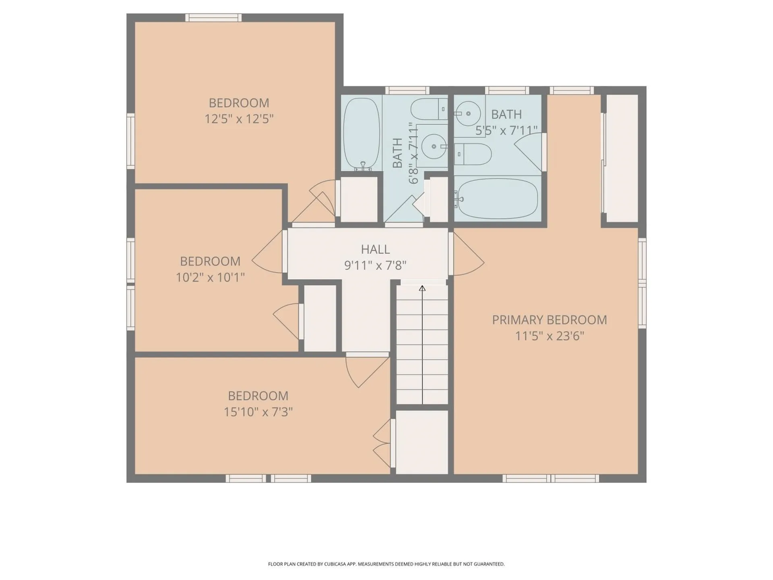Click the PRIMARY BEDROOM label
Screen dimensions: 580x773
tap(549, 320)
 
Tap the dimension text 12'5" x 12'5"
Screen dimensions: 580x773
tap(239, 119)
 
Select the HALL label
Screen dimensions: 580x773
tap(375, 249)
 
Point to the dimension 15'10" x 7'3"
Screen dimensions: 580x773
tap(258, 412)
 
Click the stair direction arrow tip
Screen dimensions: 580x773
tap(422, 288)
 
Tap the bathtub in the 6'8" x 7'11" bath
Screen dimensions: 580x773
tap(362, 134)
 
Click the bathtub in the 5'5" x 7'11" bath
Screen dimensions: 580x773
tap(498, 199)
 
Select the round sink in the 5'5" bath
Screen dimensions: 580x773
tap(468, 114)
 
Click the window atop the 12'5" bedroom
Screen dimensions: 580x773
tap(213, 18)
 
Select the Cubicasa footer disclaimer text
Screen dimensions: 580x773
tap(386, 564)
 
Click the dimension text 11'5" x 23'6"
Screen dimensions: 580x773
tap(549, 336)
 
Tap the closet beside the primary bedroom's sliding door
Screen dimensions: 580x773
tap(622, 158)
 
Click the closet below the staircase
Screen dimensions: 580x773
tap(422, 442)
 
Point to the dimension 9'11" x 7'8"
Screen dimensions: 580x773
tap(375, 265)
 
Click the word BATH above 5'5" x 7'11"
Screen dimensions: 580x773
tap(506, 114)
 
